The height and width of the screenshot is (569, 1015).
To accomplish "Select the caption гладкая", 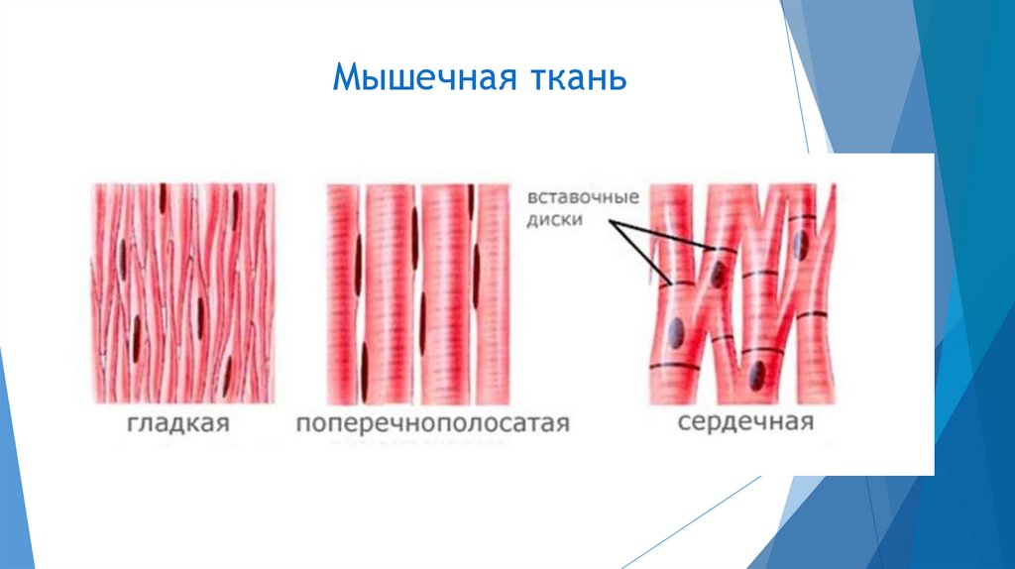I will tap(178, 424).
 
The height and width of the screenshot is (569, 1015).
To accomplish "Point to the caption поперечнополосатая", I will tap(433, 424).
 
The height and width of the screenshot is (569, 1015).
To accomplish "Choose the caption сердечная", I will tap(746, 423).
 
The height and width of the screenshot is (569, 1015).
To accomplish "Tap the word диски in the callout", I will tap(556, 221).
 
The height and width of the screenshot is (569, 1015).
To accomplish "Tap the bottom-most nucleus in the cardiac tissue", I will tap(756, 374).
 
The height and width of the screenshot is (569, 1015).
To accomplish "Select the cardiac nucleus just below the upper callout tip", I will tap(715, 272).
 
